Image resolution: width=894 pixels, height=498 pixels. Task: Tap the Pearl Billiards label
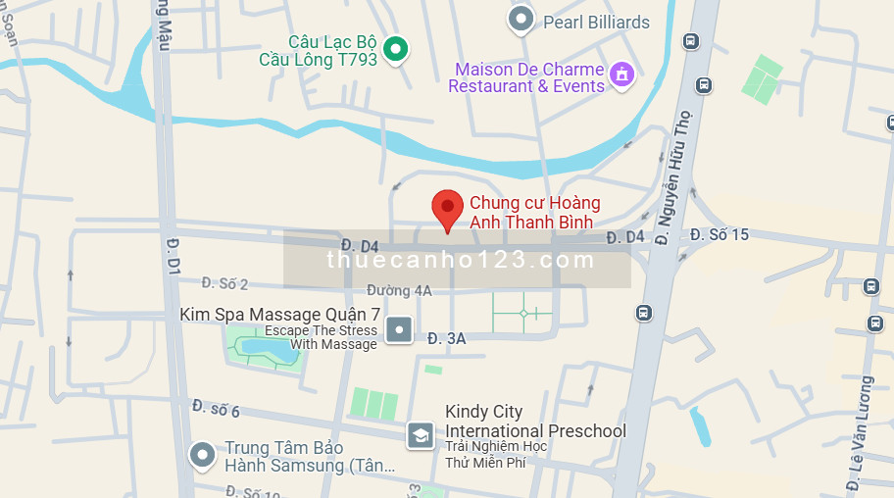tap(597, 22)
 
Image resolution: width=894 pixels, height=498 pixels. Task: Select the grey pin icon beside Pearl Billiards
tap(521, 19)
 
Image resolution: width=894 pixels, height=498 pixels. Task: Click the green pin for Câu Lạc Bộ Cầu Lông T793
tap(395, 48)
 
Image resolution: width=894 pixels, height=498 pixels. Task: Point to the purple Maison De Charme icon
tap(621, 74)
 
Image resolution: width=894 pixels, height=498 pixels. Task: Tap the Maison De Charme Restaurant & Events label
tap(526, 78)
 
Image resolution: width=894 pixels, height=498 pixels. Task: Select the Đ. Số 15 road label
tap(719, 234)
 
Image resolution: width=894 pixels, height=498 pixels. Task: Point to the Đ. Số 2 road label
tap(224, 283)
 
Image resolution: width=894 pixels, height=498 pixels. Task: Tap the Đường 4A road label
tap(399, 290)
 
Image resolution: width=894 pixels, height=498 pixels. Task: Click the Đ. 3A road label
tap(446, 337)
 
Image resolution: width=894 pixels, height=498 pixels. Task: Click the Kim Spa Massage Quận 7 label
tap(279, 315)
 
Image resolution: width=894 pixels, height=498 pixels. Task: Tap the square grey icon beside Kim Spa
tap(399, 329)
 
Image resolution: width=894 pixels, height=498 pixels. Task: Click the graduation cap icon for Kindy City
tap(421, 433)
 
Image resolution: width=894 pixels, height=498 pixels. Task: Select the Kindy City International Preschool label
tap(535, 422)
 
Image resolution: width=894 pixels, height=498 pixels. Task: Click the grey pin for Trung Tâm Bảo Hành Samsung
tap(202, 456)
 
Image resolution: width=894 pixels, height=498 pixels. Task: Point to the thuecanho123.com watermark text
tap(461, 260)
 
